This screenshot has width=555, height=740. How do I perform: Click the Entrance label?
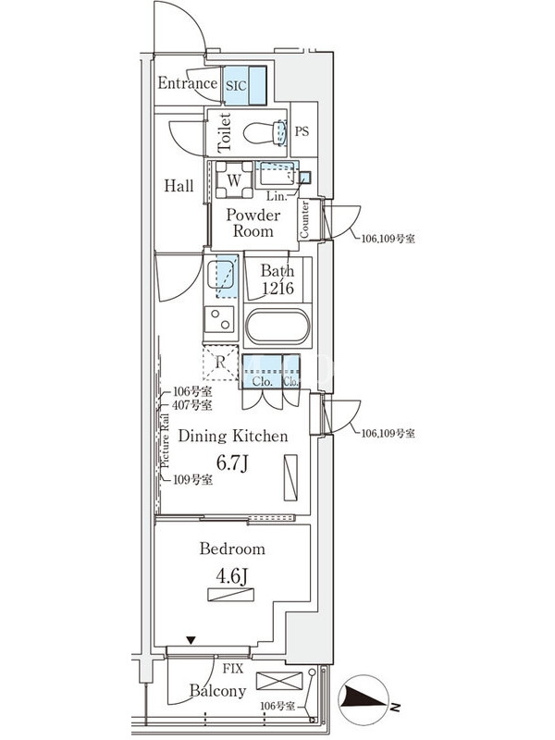(x=187, y=83)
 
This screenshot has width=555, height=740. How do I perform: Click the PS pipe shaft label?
(x=302, y=130)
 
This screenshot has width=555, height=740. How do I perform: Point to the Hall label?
(x=179, y=186)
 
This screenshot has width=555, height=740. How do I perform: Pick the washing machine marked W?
(x=234, y=179)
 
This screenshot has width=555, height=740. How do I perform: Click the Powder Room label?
(x=253, y=223)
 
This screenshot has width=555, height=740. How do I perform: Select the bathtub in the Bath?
(x=277, y=329)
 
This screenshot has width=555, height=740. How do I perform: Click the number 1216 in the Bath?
(x=277, y=289)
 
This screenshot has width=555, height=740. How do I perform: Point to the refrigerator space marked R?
(x=220, y=362)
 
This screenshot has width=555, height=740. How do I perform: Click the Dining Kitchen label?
(x=232, y=436)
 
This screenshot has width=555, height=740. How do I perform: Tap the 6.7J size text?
(x=232, y=462)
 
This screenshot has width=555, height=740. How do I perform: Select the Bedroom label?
(x=232, y=549)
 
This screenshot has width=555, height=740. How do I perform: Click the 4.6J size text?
(x=232, y=577)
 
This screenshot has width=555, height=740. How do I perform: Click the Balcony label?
(x=218, y=690)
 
